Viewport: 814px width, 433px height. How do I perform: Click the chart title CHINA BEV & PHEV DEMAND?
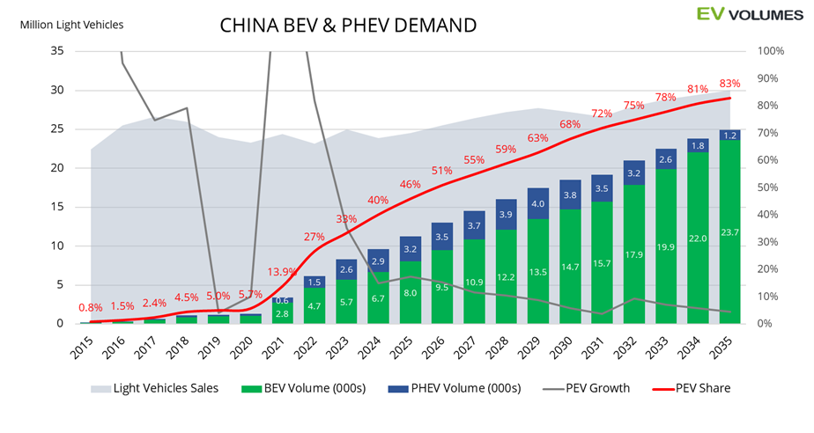click(347, 26)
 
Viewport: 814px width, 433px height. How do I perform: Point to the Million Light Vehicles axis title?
click(71, 25)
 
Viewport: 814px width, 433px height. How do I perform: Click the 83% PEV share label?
click(729, 84)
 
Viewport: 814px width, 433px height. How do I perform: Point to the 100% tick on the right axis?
click(772, 51)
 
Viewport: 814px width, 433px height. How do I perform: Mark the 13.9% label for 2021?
click(280, 272)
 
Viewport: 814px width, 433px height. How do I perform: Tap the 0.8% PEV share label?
click(90, 308)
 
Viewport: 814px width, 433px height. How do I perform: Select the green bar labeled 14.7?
click(571, 267)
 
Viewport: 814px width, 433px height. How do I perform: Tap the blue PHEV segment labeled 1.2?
click(729, 136)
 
